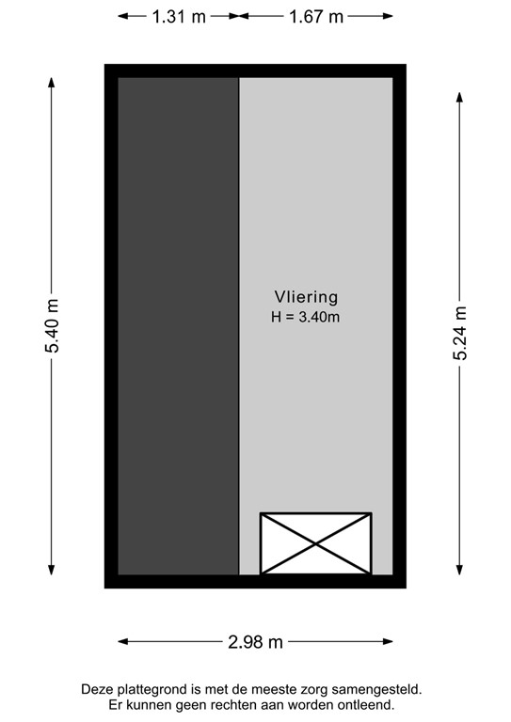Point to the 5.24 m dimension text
460,333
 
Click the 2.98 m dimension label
255,642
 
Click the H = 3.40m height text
305,317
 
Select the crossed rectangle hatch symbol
315,542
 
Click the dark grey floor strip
178,325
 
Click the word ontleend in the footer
367,704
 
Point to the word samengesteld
382,689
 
